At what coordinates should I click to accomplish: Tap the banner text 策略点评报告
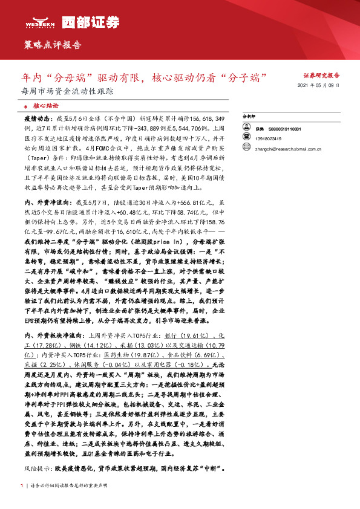tap(52, 45)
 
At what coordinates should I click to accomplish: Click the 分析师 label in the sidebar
tap(267, 115)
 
